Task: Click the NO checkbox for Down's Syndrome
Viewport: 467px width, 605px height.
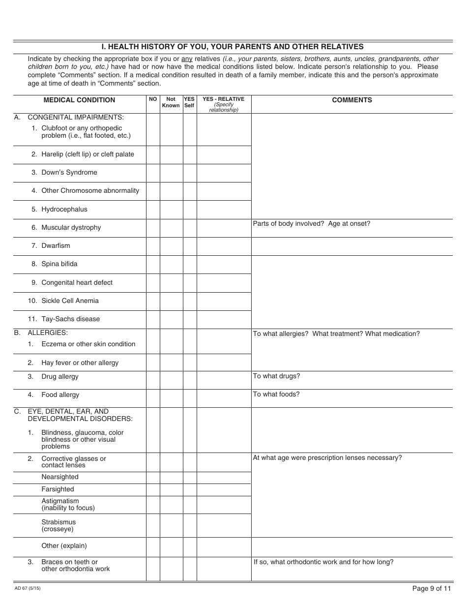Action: (x=153, y=173)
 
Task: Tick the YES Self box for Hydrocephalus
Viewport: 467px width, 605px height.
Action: (x=190, y=210)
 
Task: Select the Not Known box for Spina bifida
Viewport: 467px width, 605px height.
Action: (x=171, y=264)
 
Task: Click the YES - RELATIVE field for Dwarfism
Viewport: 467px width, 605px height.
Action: (x=224, y=246)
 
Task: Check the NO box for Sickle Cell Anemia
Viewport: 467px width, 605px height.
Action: (x=153, y=301)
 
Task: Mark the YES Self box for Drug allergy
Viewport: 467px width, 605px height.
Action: (x=190, y=380)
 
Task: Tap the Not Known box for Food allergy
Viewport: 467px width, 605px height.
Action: (x=171, y=398)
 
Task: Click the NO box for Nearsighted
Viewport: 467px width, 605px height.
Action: (x=153, y=478)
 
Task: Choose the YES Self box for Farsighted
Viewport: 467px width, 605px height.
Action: (x=190, y=490)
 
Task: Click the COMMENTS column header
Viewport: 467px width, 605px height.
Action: (x=352, y=100)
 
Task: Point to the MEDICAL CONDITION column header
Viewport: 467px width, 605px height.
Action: (x=79, y=100)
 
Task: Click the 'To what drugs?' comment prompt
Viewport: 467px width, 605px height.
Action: (x=276, y=376)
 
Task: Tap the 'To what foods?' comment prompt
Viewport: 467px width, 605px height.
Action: (x=276, y=394)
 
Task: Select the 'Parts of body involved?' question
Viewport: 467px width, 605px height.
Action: (x=282, y=224)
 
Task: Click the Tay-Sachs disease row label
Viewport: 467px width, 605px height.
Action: (x=70, y=319)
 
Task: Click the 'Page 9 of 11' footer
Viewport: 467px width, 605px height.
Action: (x=431, y=588)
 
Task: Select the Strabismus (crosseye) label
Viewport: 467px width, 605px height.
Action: (x=58, y=525)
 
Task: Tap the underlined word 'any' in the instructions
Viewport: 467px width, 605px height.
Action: (x=187, y=59)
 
